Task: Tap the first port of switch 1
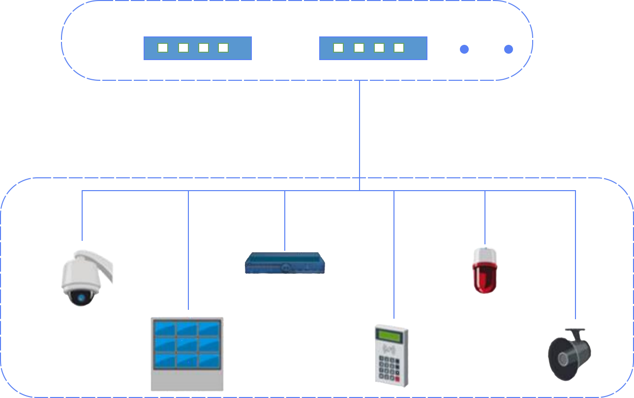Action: pos(163,48)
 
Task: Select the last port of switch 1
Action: pos(223,48)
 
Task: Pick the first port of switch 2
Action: pos(338,48)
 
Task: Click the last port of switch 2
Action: pos(399,48)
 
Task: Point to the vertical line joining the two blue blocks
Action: pos(360,128)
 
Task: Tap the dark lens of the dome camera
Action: pos(81,297)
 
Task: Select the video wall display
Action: pos(187,352)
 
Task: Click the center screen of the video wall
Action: pos(187,343)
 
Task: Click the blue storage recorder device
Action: pos(285,263)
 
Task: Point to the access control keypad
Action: pos(391,354)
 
